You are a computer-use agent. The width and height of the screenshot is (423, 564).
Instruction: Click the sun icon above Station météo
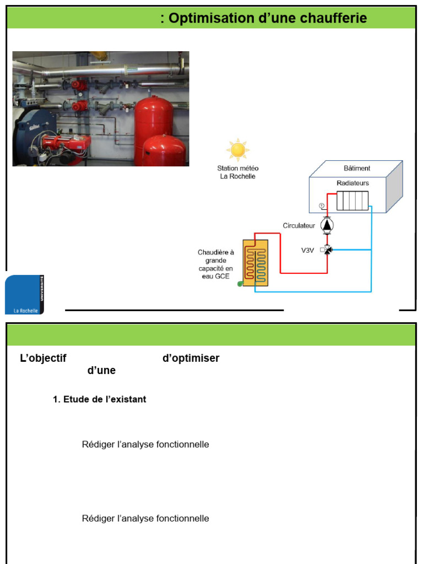[x=238, y=150]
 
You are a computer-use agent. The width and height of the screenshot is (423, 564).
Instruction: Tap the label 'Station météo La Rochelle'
[x=238, y=172]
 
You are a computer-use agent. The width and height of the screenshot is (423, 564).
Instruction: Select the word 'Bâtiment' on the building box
[x=357, y=168]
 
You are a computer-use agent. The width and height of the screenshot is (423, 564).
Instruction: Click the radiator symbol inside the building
[x=352, y=200]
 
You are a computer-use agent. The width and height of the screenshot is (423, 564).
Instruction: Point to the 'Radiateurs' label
[x=353, y=183]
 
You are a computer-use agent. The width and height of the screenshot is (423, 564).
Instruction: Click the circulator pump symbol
[x=327, y=225]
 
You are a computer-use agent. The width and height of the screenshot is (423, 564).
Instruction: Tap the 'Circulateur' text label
[x=299, y=225]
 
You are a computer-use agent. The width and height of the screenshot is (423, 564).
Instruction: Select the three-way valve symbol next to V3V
[x=327, y=250]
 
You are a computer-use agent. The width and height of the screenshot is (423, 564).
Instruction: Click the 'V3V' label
[x=307, y=251]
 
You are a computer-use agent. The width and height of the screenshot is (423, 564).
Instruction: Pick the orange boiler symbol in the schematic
[x=256, y=263]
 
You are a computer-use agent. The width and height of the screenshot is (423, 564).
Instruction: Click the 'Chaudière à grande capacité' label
[x=216, y=264]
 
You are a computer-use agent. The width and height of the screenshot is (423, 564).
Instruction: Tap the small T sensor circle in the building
[x=322, y=206]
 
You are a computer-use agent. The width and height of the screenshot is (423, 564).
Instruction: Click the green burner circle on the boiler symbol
[x=240, y=284]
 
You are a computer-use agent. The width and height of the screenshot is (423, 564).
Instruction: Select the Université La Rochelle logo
[x=24, y=295]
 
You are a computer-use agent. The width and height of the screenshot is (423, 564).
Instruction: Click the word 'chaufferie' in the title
[x=333, y=18]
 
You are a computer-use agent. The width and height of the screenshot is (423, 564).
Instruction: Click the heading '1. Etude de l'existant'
[x=100, y=399]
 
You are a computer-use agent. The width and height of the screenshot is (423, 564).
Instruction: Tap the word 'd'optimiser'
[x=191, y=358]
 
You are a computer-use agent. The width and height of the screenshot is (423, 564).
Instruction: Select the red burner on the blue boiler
[x=66, y=144]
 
